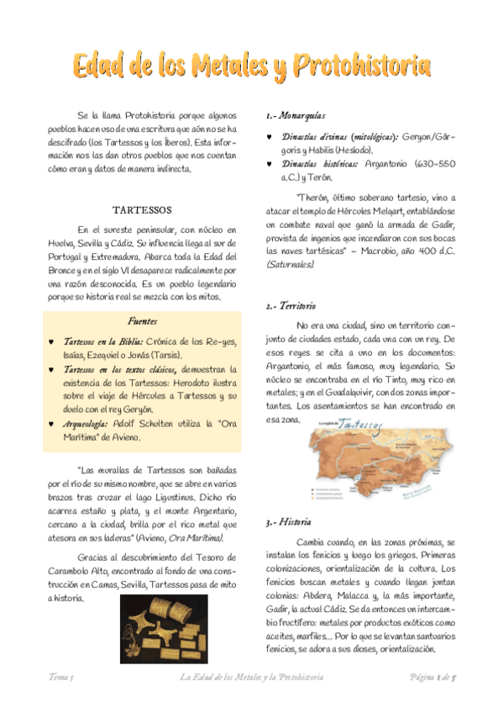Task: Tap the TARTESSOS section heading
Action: coord(143,209)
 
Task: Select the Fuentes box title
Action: coord(142,321)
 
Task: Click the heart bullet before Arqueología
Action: coord(52,425)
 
